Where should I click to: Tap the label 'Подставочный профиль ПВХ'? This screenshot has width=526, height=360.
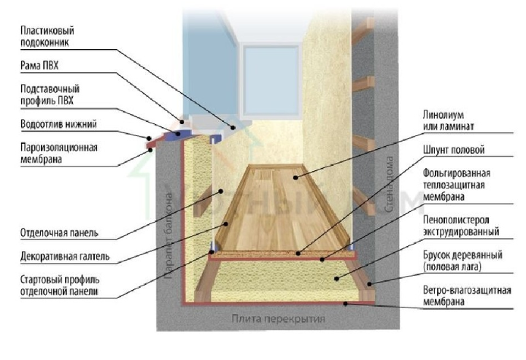(x=49, y=94)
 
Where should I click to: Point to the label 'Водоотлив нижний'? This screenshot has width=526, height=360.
(x=58, y=123)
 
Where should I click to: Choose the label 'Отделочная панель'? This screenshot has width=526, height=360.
(x=61, y=234)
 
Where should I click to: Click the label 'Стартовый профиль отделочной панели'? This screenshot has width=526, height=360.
(x=60, y=286)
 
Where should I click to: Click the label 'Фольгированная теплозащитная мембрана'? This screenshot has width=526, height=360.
(x=455, y=183)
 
